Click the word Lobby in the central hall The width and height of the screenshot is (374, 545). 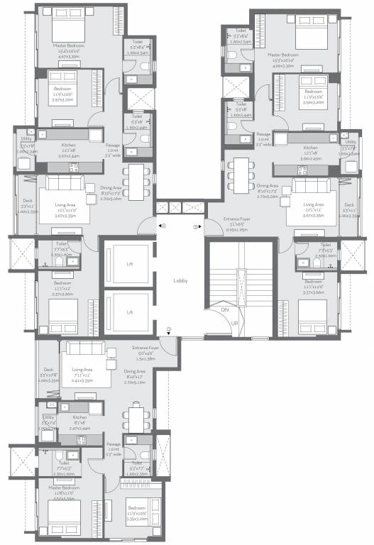click(x=180, y=280)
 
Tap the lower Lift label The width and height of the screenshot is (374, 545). click(x=129, y=312)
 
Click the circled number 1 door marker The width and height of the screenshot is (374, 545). click(x=169, y=329)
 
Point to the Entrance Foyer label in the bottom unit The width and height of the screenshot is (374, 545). click(x=145, y=348)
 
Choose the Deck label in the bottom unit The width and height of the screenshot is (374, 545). click(x=48, y=369)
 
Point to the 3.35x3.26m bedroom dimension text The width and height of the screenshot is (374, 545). click(x=138, y=519)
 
